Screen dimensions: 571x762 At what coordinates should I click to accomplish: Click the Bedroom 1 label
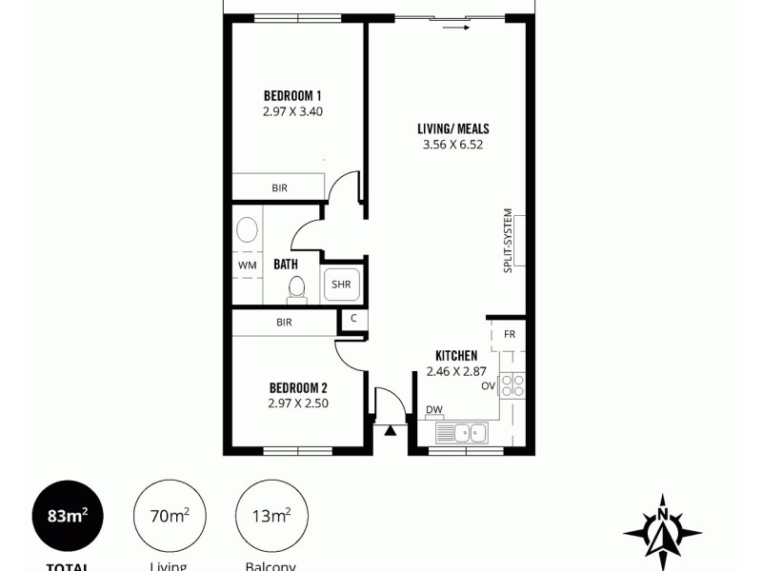point(292,95)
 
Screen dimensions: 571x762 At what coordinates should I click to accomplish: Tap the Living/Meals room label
point(453,129)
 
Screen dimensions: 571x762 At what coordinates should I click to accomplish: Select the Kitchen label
point(456,355)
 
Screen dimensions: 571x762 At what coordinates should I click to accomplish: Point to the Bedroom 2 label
point(298,387)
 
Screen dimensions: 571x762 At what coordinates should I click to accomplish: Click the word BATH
point(286,264)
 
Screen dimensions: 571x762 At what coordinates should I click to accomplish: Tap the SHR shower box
point(341,284)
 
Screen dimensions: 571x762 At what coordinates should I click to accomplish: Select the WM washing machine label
point(246,264)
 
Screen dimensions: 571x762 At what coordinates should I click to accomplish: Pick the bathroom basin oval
point(247,230)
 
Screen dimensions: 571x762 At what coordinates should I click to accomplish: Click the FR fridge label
point(510,334)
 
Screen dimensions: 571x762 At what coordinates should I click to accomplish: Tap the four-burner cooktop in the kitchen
point(512,385)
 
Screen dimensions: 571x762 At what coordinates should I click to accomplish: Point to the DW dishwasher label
point(433,410)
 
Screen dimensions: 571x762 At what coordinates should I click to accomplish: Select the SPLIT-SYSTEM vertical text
point(508,241)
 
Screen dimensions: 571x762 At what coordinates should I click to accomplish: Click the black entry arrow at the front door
point(390,430)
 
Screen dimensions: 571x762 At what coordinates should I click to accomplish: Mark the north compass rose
point(661,529)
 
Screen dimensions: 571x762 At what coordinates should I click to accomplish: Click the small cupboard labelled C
point(353,318)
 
